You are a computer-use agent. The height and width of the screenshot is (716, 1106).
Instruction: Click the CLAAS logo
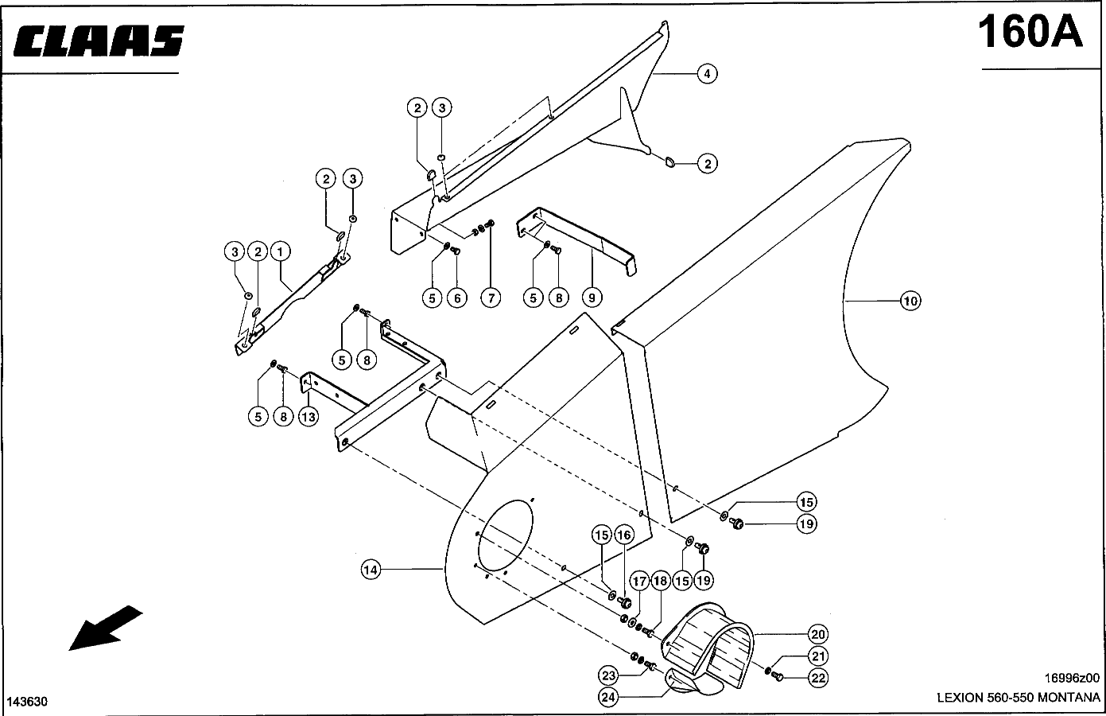click(99, 41)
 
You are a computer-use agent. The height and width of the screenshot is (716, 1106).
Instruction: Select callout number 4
click(707, 74)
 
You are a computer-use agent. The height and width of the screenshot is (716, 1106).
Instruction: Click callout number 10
click(910, 301)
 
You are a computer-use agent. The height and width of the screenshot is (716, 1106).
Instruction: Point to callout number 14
click(371, 570)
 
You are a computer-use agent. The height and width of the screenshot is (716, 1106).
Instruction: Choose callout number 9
click(592, 298)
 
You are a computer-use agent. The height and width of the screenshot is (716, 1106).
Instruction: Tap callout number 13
click(308, 417)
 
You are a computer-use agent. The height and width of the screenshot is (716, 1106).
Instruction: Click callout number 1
click(280, 251)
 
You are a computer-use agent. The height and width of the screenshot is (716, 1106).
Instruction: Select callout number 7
click(491, 298)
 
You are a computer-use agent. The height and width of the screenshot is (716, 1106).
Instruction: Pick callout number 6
click(456, 298)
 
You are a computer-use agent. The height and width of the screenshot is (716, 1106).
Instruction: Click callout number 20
click(818, 634)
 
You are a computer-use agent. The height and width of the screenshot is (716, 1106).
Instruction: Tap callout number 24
click(607, 697)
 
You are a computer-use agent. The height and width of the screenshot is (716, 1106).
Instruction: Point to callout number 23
click(607, 675)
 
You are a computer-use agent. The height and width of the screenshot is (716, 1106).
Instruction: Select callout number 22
click(818, 678)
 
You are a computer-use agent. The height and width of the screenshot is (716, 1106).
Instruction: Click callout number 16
click(624, 535)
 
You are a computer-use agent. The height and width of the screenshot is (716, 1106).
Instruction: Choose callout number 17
click(639, 581)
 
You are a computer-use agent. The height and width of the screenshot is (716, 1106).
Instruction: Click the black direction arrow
click(105, 628)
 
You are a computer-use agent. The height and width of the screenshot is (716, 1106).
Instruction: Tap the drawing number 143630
click(27, 702)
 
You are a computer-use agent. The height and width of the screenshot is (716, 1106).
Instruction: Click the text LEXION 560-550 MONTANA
click(1019, 697)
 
